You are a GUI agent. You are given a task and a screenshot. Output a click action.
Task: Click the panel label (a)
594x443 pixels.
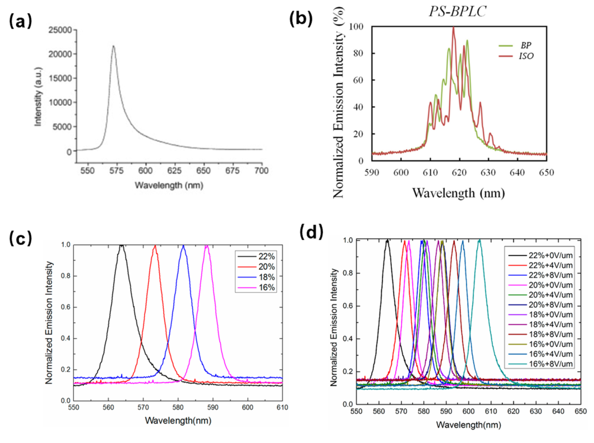tap(21, 21)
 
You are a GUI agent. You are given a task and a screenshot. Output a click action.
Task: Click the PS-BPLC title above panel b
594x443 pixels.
tap(457, 11)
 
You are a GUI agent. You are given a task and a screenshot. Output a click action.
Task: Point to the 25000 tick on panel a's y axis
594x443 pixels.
tap(60, 30)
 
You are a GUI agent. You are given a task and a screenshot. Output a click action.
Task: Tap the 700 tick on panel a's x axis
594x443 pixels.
tap(261, 171)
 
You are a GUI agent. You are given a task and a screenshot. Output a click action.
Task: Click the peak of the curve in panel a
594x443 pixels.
tap(113, 46)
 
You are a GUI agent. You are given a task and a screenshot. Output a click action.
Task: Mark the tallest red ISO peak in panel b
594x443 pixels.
tap(453, 27)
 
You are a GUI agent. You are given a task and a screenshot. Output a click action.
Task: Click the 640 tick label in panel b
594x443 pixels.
tap(517, 172)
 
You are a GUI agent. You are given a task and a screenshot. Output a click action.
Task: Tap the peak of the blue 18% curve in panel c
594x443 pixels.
tap(183, 246)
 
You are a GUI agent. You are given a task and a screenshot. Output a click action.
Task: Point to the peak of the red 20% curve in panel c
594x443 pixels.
tap(155, 246)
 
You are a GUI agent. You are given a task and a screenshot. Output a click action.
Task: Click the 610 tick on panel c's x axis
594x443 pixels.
tap(282, 407)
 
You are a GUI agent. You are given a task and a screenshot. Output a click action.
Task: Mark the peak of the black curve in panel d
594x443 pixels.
tap(387, 240)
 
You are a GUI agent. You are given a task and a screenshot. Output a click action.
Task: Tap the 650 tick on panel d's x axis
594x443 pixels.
tap(581, 411)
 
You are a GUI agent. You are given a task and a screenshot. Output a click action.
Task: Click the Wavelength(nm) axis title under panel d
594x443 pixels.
tap(468, 425)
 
